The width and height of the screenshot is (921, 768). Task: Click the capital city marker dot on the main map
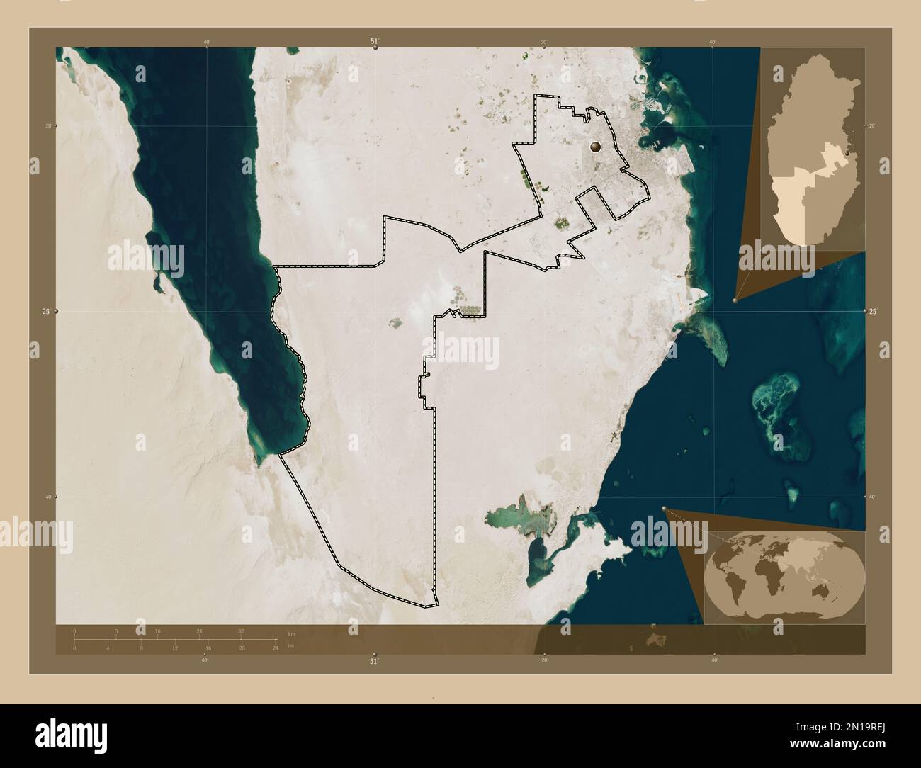(x=595, y=147)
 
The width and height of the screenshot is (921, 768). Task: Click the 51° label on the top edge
(x=374, y=41)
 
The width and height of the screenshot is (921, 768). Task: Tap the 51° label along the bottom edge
(x=374, y=661)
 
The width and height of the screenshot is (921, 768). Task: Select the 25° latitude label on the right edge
(x=874, y=311)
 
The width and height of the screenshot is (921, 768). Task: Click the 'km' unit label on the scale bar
(x=291, y=632)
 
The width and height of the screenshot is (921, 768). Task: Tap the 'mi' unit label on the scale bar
(x=290, y=645)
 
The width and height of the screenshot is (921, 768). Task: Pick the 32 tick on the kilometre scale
(x=241, y=631)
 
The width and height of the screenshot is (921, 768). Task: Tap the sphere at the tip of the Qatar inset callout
(x=735, y=300)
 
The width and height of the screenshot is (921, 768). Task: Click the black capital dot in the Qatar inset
(x=848, y=152)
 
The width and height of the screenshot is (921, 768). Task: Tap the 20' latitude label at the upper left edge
(x=48, y=125)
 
